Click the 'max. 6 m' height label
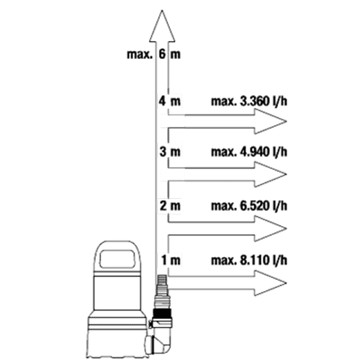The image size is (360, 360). tap(153, 54)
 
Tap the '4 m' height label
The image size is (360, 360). tap(169, 101)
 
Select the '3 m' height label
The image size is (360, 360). tap(170, 152)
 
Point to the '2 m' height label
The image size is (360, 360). tap(170, 206)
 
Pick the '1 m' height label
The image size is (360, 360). tap(171, 260)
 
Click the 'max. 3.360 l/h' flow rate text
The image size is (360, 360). tap(249, 102)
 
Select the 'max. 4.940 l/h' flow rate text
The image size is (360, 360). tap(249, 152)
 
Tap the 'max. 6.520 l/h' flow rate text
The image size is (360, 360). tap(249, 206)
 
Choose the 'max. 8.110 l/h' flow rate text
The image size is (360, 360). tap(249, 260)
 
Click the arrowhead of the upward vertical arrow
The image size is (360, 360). tap(162, 27)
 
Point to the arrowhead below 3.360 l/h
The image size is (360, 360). tap(270, 121)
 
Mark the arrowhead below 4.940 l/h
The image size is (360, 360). tap(270, 174)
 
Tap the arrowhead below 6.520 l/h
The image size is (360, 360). tap(270, 228)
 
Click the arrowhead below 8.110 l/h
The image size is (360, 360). tap(270, 283)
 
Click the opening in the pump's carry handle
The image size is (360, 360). tap(117, 258)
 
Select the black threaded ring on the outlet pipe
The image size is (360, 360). tap(163, 313)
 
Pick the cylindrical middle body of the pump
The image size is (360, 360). tap(117, 292)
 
